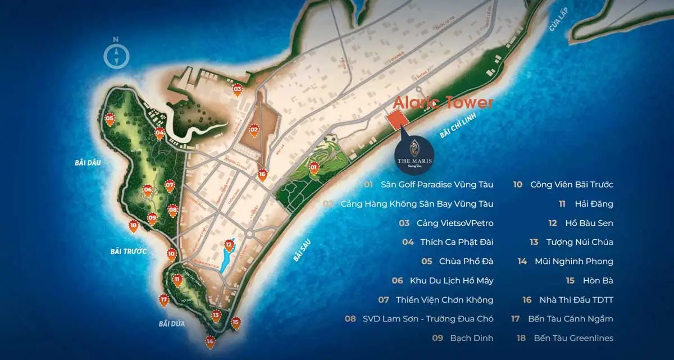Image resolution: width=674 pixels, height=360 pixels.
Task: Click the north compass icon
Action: pyautogui.click(x=116, y=55)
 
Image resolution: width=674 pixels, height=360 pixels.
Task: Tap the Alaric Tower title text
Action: pyautogui.click(x=443, y=103)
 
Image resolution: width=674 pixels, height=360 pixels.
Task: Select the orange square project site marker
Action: pyautogui.click(x=398, y=120)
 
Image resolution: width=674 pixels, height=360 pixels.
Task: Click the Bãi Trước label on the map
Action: pyautogui.click(x=128, y=252)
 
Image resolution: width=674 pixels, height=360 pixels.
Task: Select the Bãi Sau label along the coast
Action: pyautogui.click(x=302, y=249)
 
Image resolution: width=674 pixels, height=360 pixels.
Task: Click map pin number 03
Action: pyautogui.click(x=238, y=90)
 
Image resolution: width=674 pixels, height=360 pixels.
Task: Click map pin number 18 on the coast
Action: pyautogui.click(x=133, y=226)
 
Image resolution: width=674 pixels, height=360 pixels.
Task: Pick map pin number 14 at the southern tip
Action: pyautogui.click(x=210, y=341)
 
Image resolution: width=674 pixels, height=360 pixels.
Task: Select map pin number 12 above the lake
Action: pyautogui.click(x=229, y=245)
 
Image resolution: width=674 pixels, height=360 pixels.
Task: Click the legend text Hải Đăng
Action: pyautogui.click(x=601, y=204)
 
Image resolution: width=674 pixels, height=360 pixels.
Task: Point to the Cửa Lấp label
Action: pyautogui.click(x=559, y=26)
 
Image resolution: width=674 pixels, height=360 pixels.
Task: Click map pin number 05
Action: pyautogui.click(x=110, y=120)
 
